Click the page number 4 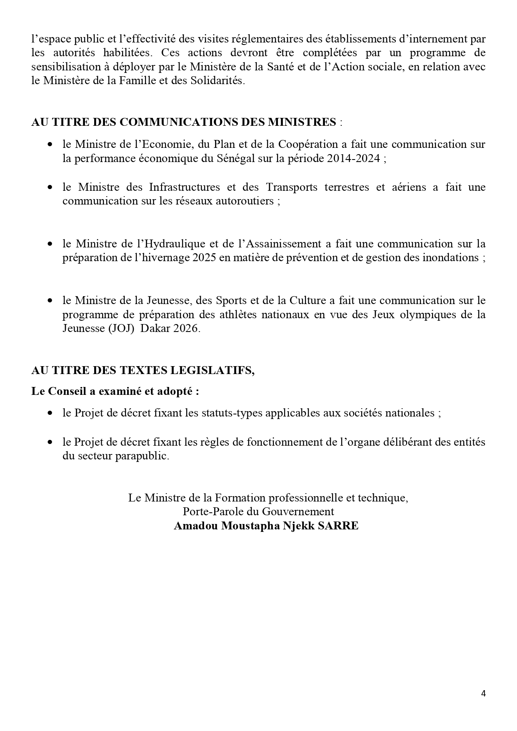[483, 694]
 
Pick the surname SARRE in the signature [338, 526]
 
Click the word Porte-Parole [207, 511]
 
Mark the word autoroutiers [244, 201]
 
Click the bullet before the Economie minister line [50, 145]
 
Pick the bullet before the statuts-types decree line [50, 414]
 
